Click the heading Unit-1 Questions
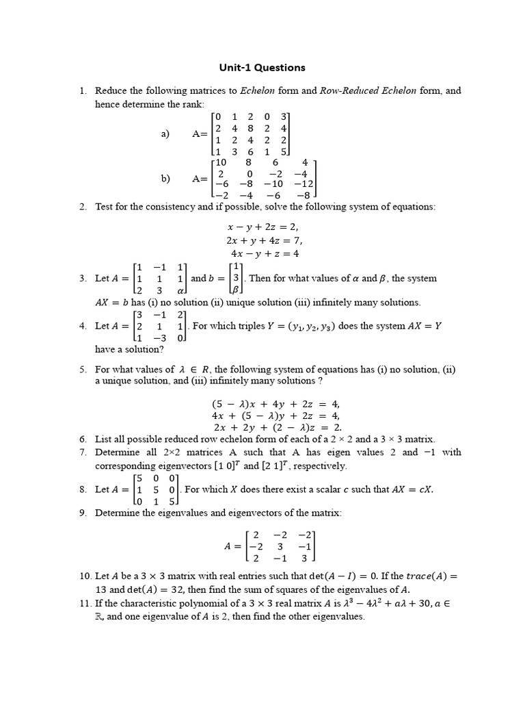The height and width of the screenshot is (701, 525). click(x=262, y=68)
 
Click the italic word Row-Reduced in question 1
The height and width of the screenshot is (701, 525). click(x=346, y=90)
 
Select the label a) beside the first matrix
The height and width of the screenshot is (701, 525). click(x=165, y=134)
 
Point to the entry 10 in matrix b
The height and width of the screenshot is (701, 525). click(x=220, y=162)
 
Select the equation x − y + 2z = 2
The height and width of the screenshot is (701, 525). click(x=262, y=227)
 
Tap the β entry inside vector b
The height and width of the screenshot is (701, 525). click(x=237, y=291)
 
